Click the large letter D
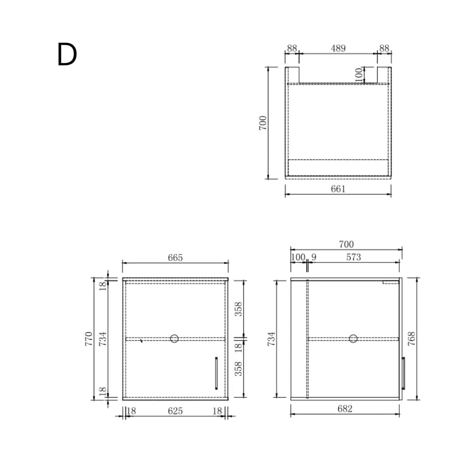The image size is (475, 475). click(67, 55)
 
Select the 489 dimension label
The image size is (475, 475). click(338, 48)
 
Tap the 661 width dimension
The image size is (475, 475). click(338, 189)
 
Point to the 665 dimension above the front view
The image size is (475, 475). click(175, 258)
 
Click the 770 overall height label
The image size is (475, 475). click(88, 339)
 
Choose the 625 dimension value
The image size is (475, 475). click(175, 411)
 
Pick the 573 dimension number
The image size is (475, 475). click(353, 257)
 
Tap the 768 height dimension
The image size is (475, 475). click(412, 339)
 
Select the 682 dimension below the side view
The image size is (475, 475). click(345, 408)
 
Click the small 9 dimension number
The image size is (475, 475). click(314, 257)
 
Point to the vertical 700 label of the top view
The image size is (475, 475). click(263, 123)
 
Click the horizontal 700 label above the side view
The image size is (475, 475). click(346, 244)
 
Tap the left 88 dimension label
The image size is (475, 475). click(292, 48)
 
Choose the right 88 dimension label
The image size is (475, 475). click(384, 48)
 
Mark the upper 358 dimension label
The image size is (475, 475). click(238, 309)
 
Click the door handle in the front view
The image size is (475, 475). click(216, 374)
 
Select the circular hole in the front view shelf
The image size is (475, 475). click(174, 338)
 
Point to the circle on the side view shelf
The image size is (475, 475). click(353, 338)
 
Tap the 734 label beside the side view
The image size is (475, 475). click(271, 339)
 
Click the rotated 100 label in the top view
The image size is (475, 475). click(359, 75)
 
